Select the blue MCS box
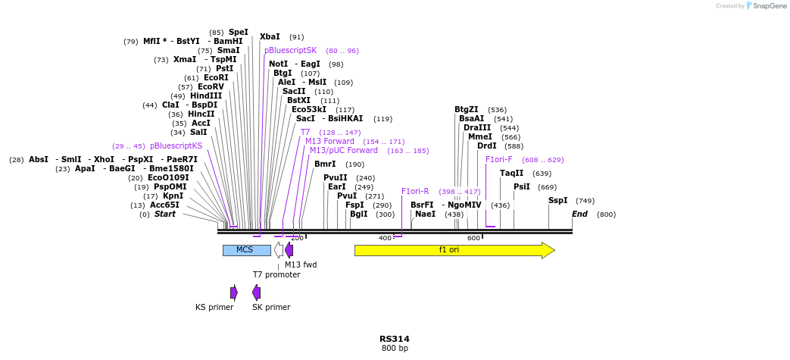point(246,250)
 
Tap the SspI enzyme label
point(557,201)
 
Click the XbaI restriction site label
point(270,36)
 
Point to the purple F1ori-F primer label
point(498,160)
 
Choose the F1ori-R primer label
point(415,192)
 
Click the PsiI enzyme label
point(522,187)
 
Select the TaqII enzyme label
point(511,174)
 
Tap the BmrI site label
point(325,164)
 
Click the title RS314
point(395,340)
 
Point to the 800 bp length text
point(395,349)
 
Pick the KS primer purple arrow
point(234,293)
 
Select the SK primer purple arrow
point(257,293)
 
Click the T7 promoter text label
point(276,274)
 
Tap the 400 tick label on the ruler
point(385,238)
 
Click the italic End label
point(579,214)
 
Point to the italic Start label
point(165,214)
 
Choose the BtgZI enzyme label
point(467,110)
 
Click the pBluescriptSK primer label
point(290,50)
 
